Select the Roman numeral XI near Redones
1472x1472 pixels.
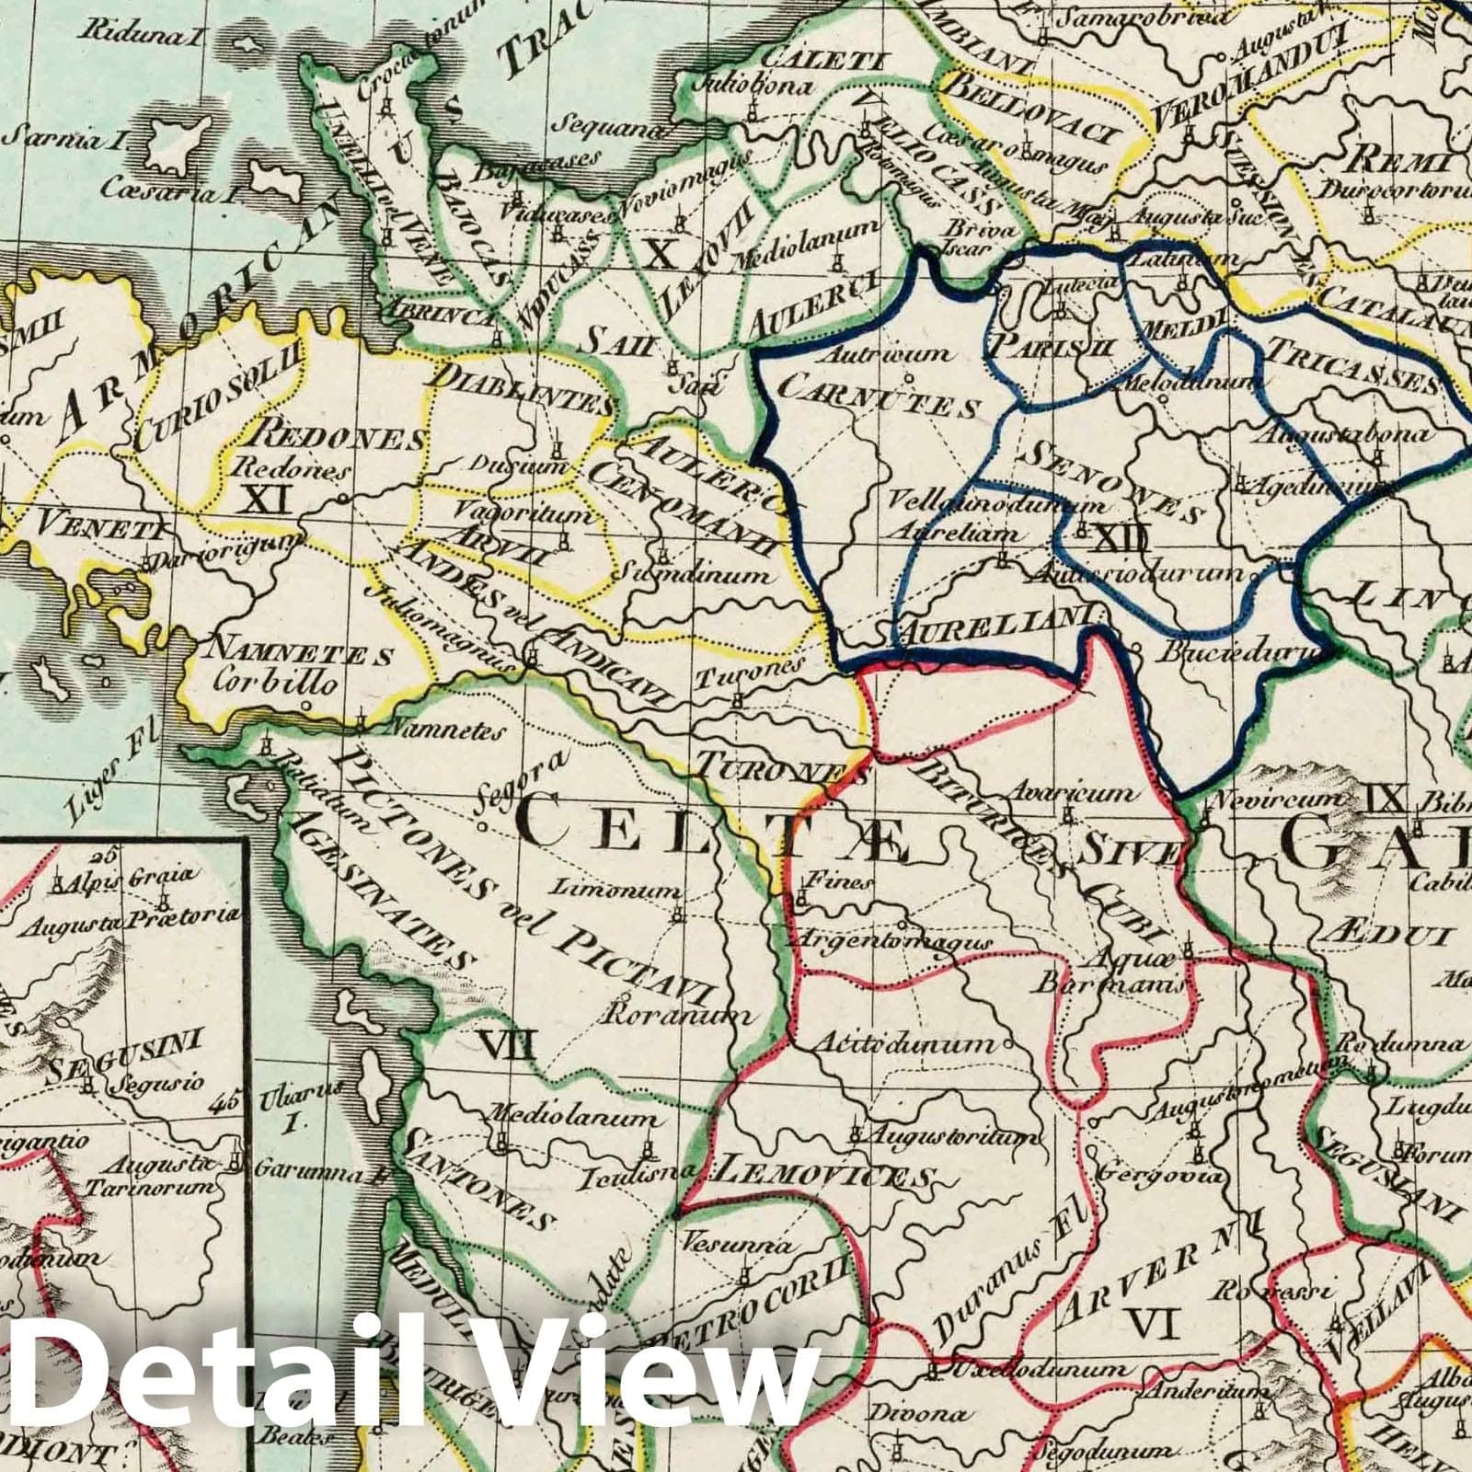click(x=265, y=499)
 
